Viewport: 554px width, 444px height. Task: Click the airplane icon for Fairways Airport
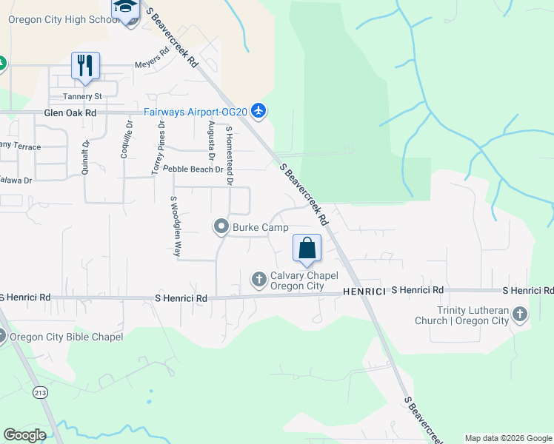(258, 111)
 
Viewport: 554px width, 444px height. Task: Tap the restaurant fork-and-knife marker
(86, 65)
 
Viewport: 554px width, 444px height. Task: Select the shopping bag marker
(307, 249)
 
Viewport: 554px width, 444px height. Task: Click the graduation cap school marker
(125, 8)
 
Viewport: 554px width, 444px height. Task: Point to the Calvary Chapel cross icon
(258, 279)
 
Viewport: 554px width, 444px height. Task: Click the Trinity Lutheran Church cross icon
(519, 314)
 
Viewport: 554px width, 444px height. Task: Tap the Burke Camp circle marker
(221, 227)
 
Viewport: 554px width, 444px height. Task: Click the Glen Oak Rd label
(70, 113)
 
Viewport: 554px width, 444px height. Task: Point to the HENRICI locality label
(364, 292)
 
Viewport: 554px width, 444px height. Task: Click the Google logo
(25, 435)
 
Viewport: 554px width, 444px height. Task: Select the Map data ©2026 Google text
(507, 438)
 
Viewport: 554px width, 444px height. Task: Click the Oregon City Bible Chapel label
(66, 337)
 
